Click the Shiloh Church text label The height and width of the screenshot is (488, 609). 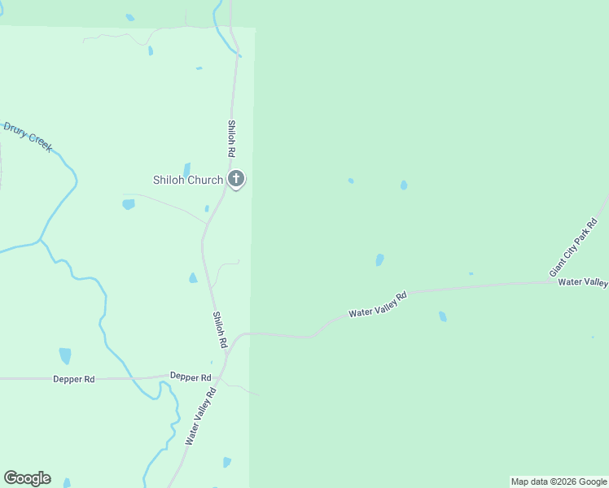click(188, 180)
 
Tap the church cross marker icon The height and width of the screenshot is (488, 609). click(236, 179)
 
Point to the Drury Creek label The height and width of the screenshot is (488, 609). click(28, 137)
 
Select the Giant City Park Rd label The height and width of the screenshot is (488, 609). click(573, 247)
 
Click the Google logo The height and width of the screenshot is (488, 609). click(27, 478)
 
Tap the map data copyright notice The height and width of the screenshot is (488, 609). click(559, 481)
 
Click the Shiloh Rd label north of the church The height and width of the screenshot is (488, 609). click(231, 139)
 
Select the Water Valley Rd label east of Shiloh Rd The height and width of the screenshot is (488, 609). click(377, 304)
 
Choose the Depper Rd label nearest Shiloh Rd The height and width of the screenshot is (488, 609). click(191, 377)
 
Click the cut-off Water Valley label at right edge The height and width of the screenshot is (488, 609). click(584, 282)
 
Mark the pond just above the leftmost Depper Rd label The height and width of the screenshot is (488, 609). click(65, 356)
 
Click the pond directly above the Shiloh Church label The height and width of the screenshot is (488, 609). click(186, 168)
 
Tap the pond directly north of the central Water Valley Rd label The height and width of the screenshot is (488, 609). click(379, 260)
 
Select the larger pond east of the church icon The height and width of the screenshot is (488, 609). click(404, 185)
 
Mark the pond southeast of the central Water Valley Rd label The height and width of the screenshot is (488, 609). click(443, 316)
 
